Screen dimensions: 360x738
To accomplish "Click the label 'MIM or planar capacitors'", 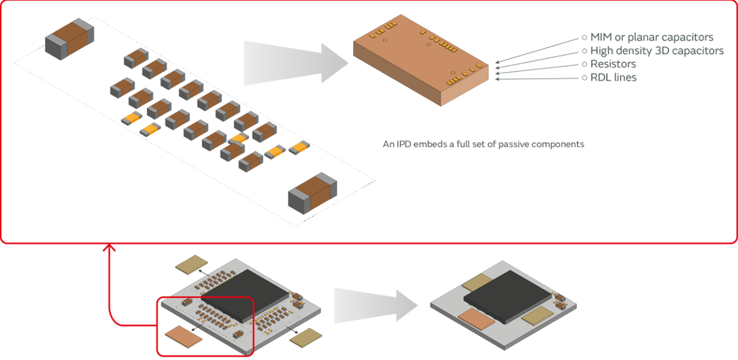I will [x=651, y=37].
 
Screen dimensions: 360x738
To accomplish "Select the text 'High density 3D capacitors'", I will [x=656, y=50].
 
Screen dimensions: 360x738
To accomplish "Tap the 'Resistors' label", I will [x=613, y=64].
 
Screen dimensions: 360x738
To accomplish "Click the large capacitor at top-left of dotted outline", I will [x=69, y=38].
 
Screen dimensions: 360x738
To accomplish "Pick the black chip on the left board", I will [x=252, y=292].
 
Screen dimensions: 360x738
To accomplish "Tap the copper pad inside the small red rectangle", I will [x=185, y=337].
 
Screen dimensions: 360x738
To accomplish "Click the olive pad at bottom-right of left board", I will [x=306, y=337].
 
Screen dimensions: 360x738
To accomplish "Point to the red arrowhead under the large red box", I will [x=109, y=247].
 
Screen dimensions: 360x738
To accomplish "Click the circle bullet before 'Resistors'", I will [x=584, y=64].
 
